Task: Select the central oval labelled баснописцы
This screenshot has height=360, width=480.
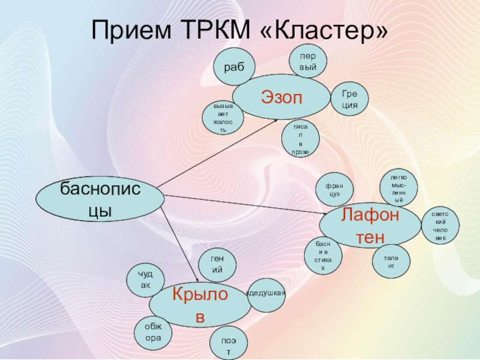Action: [100, 198]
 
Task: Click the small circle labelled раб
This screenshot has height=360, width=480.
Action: [235, 67]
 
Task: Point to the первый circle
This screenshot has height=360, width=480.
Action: [308, 62]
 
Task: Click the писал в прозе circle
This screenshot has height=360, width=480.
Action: [300, 140]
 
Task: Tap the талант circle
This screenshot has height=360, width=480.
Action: [391, 261]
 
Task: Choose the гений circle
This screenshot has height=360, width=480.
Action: [217, 265]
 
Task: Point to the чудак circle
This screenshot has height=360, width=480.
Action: [145, 280]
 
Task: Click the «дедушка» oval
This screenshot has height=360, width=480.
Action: [266, 293]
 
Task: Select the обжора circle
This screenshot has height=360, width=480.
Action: [153, 332]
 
